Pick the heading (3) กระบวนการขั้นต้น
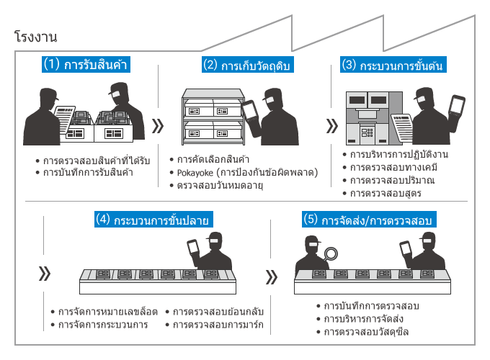tap(392, 64)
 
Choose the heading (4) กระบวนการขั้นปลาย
tap(156, 220)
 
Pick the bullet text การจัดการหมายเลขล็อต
tap(104, 312)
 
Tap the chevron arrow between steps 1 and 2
tap(159, 127)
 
